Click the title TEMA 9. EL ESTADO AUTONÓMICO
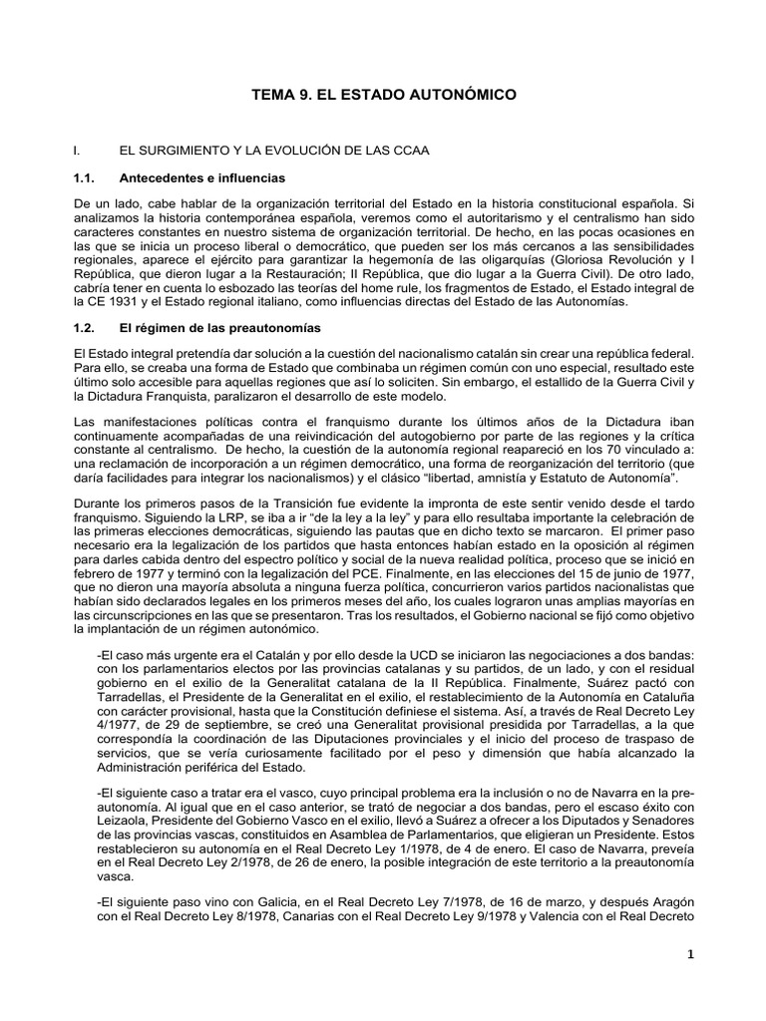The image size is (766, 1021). coord(382,96)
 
